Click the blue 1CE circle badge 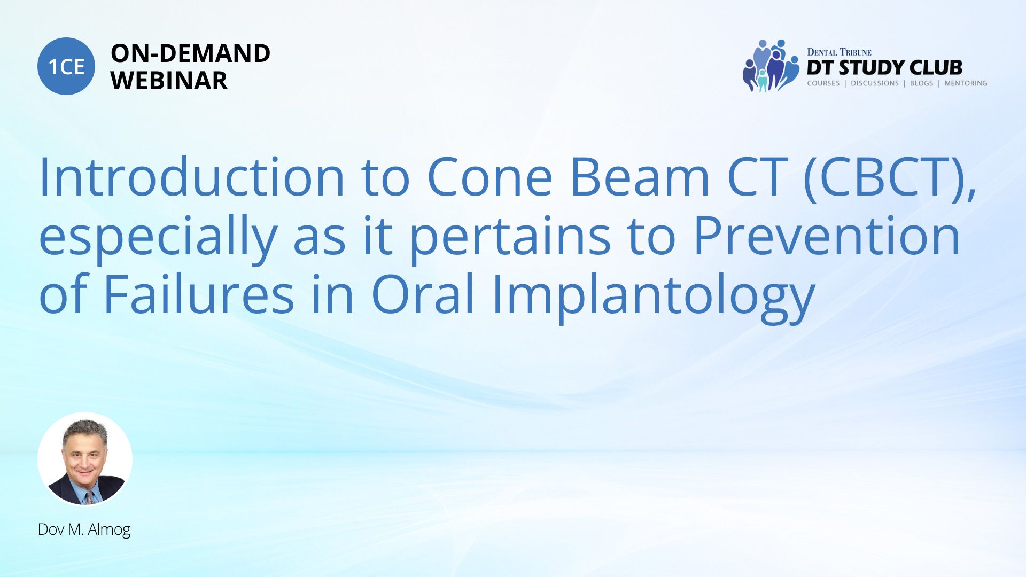click(x=66, y=66)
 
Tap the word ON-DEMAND click(x=190, y=53)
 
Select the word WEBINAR click(x=169, y=81)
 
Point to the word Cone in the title click(x=490, y=177)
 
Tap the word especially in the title click(x=158, y=238)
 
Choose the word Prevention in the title click(x=827, y=236)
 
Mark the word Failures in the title click(x=199, y=294)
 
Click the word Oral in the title click(x=423, y=294)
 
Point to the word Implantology click(x=653, y=297)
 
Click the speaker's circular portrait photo click(x=85, y=459)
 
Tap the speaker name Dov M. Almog click(x=84, y=529)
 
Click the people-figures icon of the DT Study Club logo click(x=771, y=66)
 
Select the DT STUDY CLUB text click(x=884, y=68)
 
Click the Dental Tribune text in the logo click(x=839, y=52)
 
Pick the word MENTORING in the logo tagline click(x=966, y=83)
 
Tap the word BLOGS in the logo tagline click(x=921, y=83)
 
